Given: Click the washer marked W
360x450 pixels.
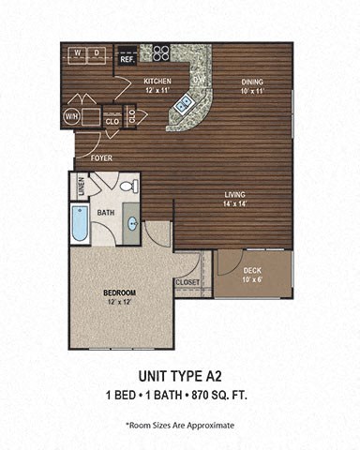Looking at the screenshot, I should [77, 52].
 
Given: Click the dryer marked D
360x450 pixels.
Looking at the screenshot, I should [97, 52].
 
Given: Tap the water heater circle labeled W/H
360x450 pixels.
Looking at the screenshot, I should [71, 116].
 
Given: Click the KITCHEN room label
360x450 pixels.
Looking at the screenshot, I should [157, 82].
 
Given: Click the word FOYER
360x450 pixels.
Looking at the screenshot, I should [100, 157].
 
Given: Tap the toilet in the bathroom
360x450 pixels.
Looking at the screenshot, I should [131, 186].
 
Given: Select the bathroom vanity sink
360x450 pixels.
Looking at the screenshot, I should [131, 224].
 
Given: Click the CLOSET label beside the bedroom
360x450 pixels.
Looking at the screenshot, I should [187, 280].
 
